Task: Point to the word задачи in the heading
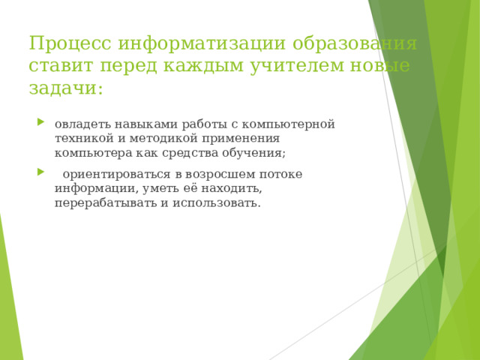[x=63, y=88]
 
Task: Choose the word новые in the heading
[x=382, y=66]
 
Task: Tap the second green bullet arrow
[x=40, y=174]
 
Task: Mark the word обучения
[x=256, y=152]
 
